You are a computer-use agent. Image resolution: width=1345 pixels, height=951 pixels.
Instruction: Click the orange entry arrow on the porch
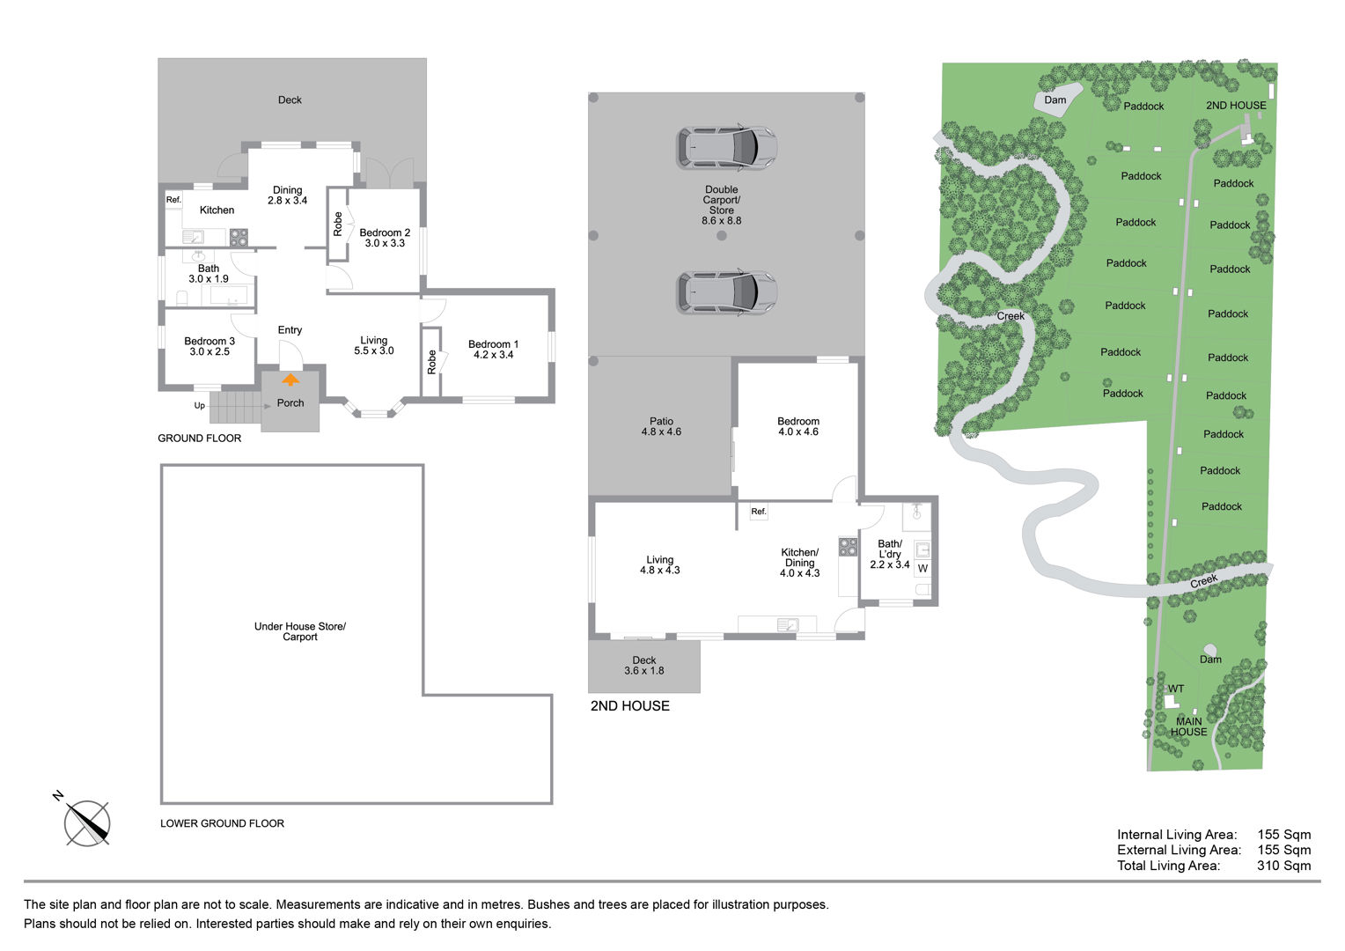[x=290, y=380]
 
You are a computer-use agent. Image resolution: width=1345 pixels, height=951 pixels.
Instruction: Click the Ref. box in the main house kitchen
[x=173, y=200]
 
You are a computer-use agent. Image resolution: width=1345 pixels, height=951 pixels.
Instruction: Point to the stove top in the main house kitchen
[x=239, y=237]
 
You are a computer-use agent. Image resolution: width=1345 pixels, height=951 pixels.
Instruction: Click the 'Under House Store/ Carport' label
[x=299, y=631]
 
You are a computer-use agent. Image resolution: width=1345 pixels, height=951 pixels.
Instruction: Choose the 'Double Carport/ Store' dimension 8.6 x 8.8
[x=721, y=220]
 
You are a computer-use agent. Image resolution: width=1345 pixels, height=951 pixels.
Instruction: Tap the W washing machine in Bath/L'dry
[x=922, y=568]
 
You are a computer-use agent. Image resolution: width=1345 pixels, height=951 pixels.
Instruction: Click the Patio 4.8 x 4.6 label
[x=661, y=426]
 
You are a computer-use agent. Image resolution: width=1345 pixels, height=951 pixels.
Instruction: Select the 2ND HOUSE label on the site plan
[x=1236, y=105]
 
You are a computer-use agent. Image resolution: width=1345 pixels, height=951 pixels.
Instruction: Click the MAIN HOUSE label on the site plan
[x=1188, y=726]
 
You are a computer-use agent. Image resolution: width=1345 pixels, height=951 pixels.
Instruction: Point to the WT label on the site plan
[x=1176, y=689]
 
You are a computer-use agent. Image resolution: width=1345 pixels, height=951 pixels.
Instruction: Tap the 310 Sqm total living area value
[x=1283, y=866]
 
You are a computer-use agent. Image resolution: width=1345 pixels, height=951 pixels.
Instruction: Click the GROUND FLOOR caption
[x=199, y=439]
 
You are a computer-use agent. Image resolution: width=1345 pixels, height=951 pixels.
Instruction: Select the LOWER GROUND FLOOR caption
[x=222, y=823]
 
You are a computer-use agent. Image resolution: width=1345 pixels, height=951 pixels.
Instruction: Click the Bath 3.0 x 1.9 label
[x=209, y=273]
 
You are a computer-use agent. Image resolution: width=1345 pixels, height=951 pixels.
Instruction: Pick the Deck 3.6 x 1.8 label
[x=643, y=666]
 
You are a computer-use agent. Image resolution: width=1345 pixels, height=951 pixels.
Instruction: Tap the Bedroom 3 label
[x=209, y=342]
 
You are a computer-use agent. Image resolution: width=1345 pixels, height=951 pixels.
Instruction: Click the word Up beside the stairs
[x=199, y=406]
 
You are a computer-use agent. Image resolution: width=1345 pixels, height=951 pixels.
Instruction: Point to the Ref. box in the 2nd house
[x=759, y=512]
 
